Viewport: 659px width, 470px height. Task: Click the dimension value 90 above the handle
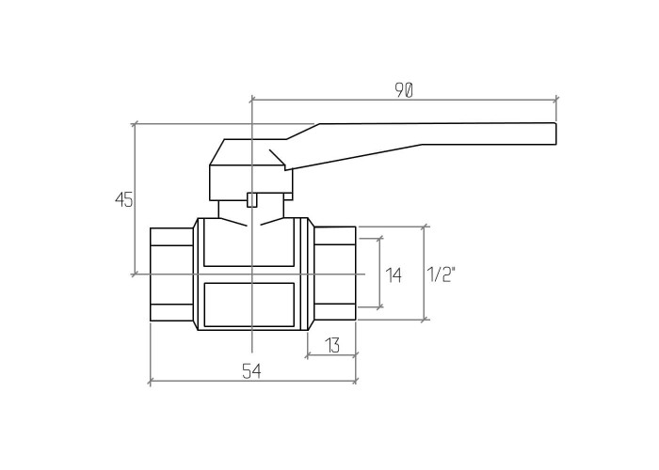(404, 90)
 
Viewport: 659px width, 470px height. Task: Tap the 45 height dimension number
(124, 199)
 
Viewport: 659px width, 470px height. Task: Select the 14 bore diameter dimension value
(394, 275)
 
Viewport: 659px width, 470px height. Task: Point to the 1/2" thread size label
(442, 274)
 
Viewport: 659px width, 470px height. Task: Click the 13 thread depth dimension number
(332, 345)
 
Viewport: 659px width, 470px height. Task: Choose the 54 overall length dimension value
(251, 371)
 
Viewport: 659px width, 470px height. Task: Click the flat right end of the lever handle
(555, 133)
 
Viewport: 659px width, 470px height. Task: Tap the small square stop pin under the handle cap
(251, 199)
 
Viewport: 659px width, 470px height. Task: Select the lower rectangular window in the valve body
(249, 305)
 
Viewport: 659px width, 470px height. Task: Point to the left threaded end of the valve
(171, 274)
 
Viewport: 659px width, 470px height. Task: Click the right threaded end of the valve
(335, 274)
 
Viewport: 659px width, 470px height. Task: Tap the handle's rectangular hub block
(251, 182)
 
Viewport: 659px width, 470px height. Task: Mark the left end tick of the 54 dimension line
(150, 381)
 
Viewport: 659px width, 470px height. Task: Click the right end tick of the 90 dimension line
(556, 100)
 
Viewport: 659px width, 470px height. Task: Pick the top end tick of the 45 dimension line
(135, 124)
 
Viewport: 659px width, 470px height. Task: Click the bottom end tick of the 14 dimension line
(380, 307)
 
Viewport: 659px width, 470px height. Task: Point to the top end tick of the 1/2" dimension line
(425, 227)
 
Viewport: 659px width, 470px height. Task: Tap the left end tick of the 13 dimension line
(308, 355)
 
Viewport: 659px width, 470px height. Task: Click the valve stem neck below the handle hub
(251, 209)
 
